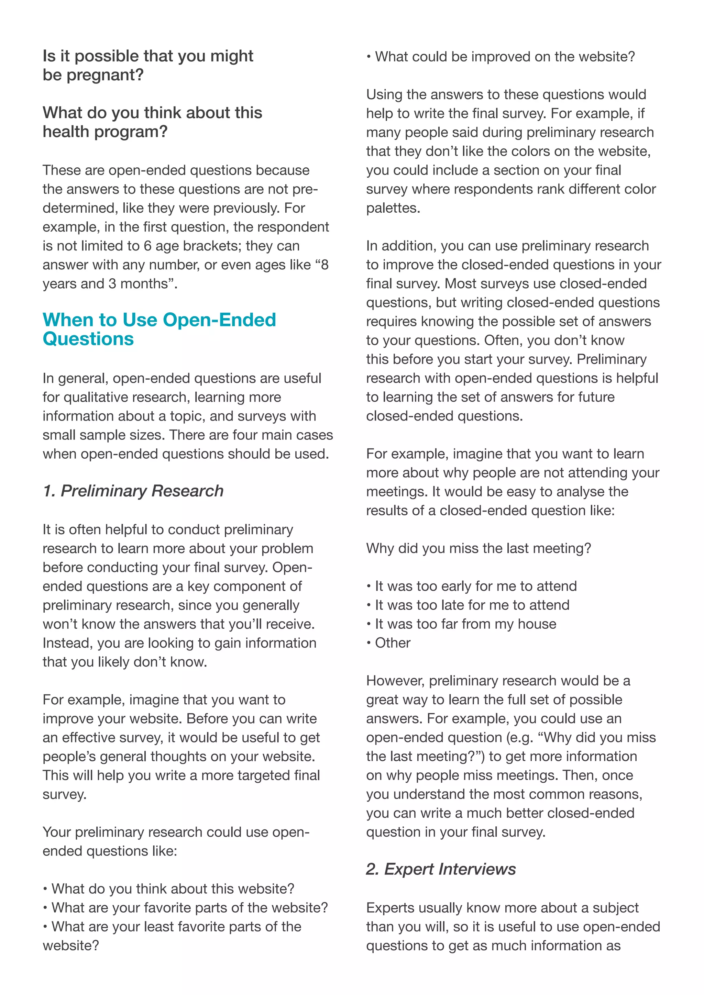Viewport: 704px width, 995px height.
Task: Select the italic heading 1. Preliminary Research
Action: [x=133, y=491]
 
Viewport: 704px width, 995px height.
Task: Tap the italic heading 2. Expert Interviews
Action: [x=441, y=869]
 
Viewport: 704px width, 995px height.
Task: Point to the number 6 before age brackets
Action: [x=147, y=246]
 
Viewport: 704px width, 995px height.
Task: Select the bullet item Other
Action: [x=392, y=643]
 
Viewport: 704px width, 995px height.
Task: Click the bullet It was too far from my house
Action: [x=465, y=624]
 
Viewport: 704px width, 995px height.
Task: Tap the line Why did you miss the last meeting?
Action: [x=478, y=548]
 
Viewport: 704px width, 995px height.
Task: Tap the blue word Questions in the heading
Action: [x=88, y=339]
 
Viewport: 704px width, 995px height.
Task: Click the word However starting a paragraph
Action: [x=395, y=681]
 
